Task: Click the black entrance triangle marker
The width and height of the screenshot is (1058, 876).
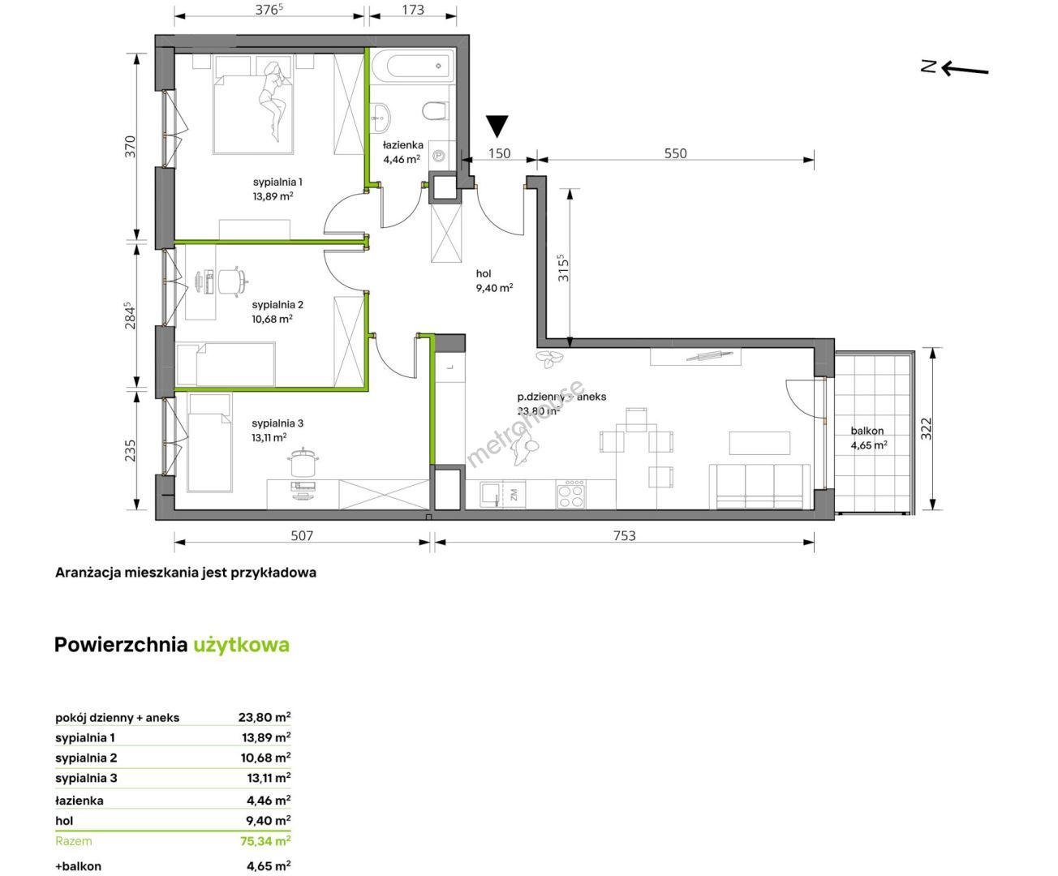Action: click(x=497, y=126)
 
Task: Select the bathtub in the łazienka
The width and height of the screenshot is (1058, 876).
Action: click(x=413, y=67)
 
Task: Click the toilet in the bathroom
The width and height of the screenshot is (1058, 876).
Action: click(x=436, y=110)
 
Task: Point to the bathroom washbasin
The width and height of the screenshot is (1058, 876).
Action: click(x=380, y=117)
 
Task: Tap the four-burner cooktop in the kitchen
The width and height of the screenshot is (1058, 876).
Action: click(x=571, y=493)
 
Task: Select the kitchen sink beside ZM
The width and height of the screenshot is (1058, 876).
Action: click(x=491, y=494)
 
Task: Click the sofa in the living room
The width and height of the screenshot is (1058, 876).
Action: click(x=759, y=486)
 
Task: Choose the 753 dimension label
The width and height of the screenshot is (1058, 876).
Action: click(x=624, y=535)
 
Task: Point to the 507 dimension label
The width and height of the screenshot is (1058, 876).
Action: click(x=302, y=535)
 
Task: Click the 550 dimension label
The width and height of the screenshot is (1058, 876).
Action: click(x=675, y=153)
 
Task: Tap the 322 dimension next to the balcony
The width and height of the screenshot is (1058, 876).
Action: click(x=926, y=428)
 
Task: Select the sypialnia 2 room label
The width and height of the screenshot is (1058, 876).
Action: click(x=277, y=304)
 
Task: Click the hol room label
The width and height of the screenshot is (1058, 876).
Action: click(x=484, y=273)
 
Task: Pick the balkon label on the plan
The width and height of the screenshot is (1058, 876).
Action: click(x=867, y=431)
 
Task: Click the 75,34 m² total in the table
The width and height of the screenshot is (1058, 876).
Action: click(x=265, y=841)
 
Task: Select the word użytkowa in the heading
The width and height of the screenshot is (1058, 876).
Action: click(x=242, y=645)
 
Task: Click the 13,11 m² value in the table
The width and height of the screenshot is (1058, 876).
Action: click(x=269, y=778)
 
